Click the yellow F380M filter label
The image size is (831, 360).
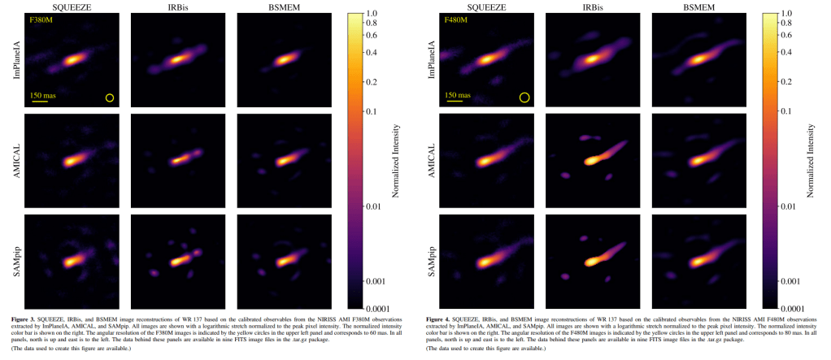[41, 20]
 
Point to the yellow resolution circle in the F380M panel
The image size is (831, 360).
[110, 98]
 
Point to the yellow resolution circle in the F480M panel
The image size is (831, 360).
[524, 98]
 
